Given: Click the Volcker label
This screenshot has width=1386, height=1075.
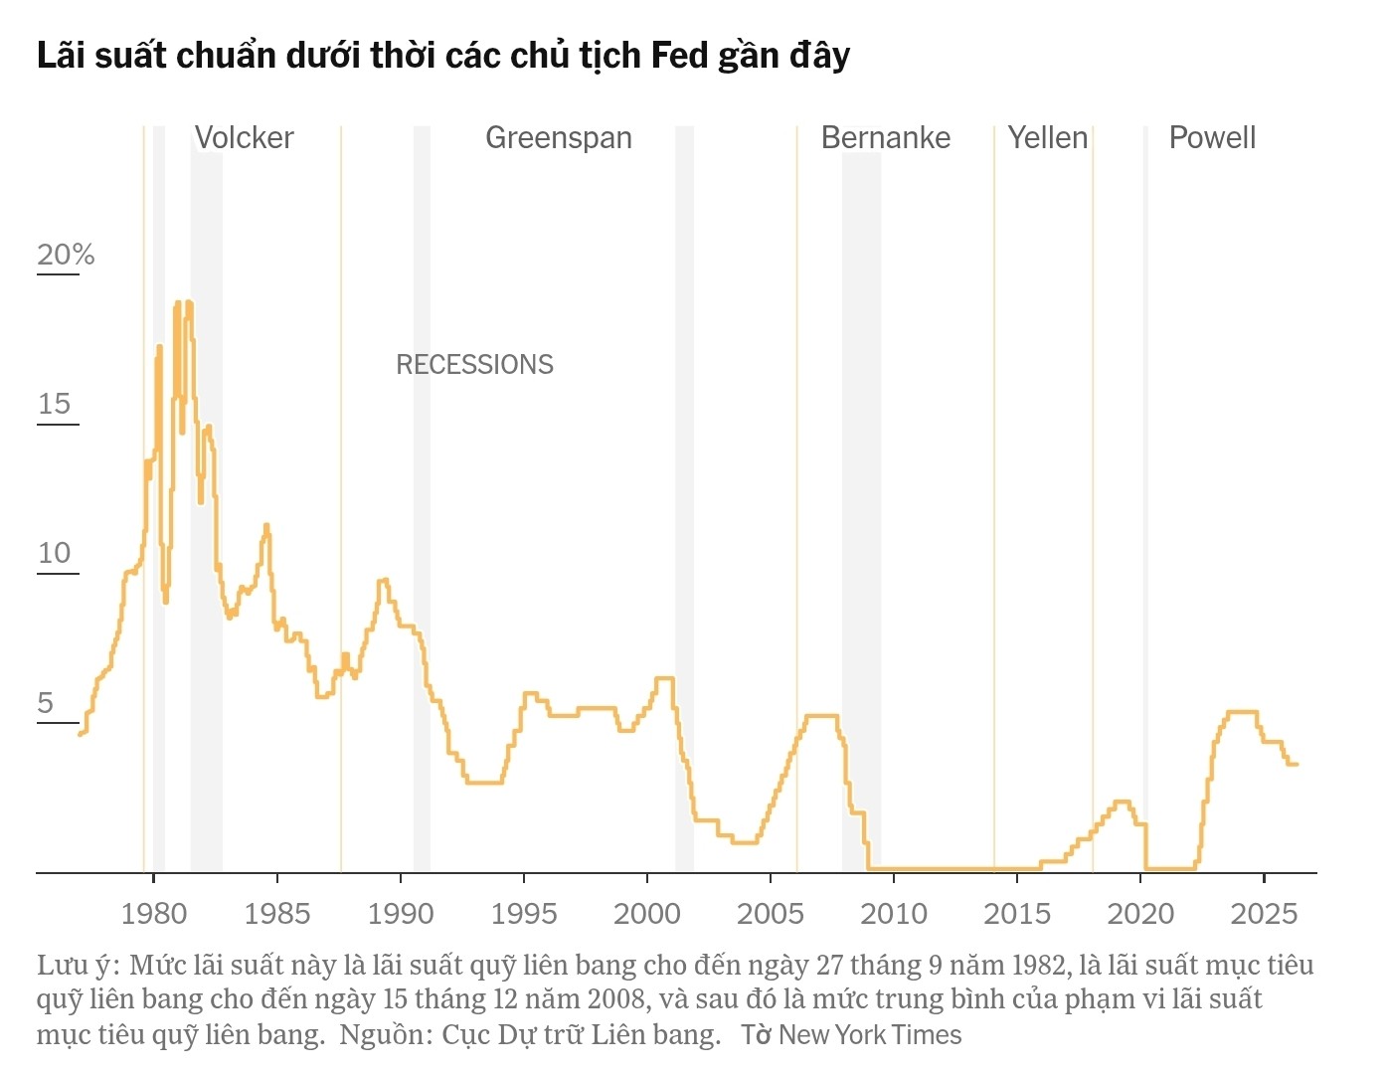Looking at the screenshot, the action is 244,138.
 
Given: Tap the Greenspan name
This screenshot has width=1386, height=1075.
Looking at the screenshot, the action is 559,139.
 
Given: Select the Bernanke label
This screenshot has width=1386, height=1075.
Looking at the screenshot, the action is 885,138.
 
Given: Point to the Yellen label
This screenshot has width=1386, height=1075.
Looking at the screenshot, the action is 1047,138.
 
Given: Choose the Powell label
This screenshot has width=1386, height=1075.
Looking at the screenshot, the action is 1212,138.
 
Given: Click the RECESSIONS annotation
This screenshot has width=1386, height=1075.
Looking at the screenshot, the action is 474,364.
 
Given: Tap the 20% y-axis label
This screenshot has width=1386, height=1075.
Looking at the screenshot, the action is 66,255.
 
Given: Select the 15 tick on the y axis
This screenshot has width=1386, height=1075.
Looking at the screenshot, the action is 55,404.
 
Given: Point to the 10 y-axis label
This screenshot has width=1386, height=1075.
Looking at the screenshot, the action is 55,553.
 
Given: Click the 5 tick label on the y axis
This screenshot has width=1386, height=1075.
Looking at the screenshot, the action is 46,702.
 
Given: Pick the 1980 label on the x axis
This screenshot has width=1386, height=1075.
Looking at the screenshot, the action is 154,914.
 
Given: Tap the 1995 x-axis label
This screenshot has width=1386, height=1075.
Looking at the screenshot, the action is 524,914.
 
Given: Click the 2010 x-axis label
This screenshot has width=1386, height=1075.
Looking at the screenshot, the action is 894,914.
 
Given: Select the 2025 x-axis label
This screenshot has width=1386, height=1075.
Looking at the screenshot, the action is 1264,914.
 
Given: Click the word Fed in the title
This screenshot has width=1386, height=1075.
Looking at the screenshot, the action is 679,56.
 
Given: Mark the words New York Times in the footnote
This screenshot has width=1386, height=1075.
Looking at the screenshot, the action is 870,1035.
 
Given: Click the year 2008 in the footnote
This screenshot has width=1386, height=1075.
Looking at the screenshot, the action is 616,999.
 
